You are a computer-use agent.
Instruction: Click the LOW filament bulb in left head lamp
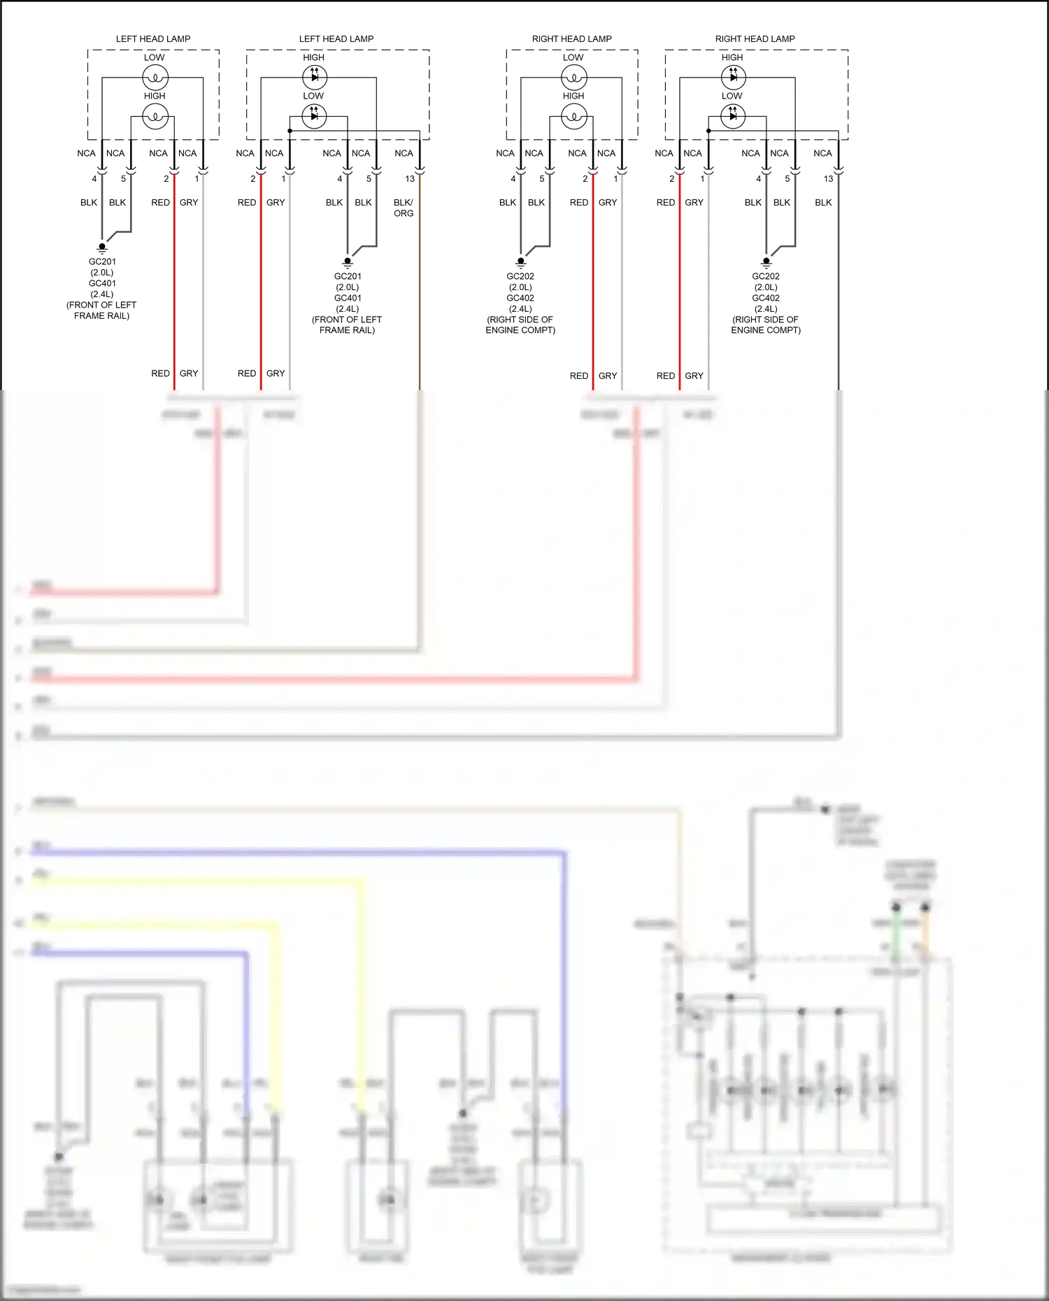[155, 77]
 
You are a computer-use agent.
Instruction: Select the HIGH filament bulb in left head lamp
[155, 116]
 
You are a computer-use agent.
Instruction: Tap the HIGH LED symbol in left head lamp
[314, 77]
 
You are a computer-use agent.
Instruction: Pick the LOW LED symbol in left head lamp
[314, 116]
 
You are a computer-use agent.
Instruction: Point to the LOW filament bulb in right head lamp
[574, 77]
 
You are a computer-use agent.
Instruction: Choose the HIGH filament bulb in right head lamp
[574, 116]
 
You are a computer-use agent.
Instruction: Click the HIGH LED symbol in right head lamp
[733, 77]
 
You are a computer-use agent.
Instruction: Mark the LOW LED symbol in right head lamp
[733, 116]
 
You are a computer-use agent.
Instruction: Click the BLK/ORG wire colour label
[404, 208]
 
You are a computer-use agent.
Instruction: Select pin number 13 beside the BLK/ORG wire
[410, 179]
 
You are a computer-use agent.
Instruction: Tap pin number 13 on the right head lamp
[828, 179]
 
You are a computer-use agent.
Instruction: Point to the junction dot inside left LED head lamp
[290, 131]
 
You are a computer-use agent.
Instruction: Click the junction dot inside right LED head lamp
[708, 131]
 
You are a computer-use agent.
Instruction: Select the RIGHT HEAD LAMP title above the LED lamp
[755, 39]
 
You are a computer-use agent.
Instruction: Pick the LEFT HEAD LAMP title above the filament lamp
[153, 39]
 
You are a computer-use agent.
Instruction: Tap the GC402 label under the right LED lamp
[766, 298]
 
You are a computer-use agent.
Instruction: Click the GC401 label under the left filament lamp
[102, 283]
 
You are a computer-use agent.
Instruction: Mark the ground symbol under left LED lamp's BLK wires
[348, 263]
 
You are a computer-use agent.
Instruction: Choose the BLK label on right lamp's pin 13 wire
[823, 203]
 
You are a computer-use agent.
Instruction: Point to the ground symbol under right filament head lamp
[520, 263]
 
